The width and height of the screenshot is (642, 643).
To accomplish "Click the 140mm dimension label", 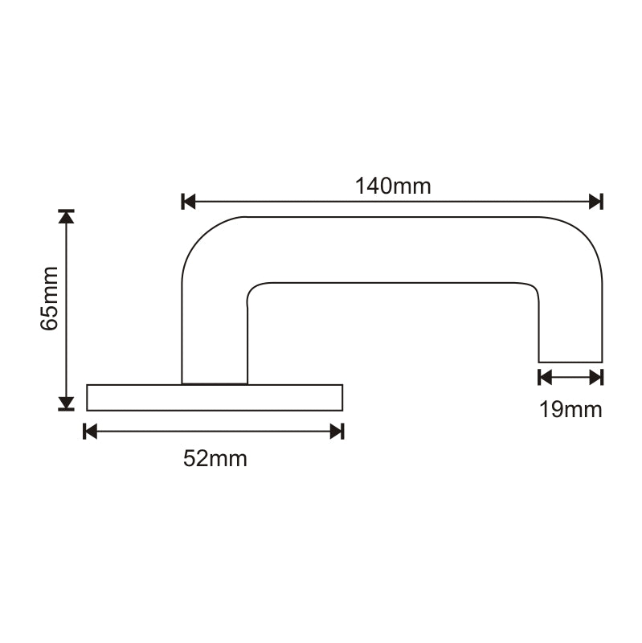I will (x=393, y=186).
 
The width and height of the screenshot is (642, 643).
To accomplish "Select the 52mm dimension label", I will (x=215, y=459).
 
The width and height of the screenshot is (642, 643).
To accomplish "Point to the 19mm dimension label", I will (x=570, y=410).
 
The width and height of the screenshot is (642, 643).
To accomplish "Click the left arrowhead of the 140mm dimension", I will (x=190, y=201).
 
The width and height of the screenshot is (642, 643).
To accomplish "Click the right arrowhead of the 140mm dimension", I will (x=595, y=201).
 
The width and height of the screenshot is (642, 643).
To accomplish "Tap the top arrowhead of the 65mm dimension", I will (x=66, y=216).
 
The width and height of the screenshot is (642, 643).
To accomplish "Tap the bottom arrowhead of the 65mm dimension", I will (x=66, y=403).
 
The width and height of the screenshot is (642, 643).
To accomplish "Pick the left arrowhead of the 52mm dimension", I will (x=91, y=432).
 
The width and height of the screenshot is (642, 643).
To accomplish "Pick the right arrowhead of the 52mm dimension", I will (x=337, y=432).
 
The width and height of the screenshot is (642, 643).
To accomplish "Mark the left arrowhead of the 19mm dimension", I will (x=545, y=377).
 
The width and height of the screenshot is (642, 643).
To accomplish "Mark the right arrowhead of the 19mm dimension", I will (x=595, y=377).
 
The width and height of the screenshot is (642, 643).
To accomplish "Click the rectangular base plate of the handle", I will (x=214, y=397).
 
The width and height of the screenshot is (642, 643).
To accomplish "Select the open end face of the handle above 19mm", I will (x=570, y=362).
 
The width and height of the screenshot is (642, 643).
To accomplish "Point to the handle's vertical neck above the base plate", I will (x=215, y=338).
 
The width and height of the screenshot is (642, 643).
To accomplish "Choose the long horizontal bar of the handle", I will (x=394, y=249).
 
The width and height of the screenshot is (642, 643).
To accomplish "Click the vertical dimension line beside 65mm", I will (x=66, y=309).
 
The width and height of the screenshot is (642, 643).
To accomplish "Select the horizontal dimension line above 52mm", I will (x=214, y=432).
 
